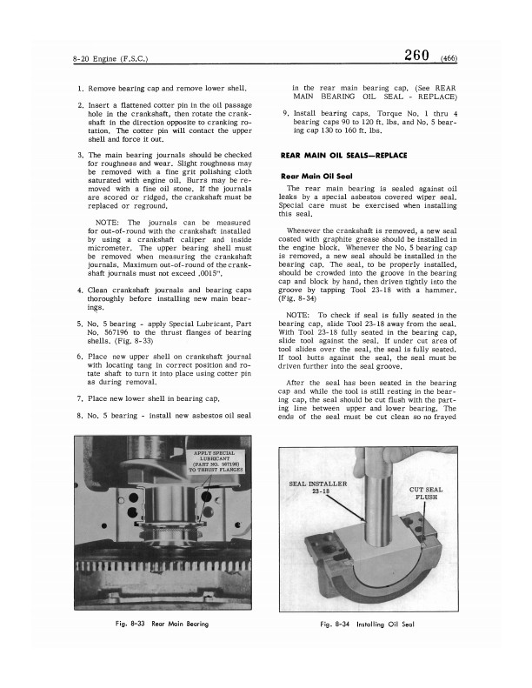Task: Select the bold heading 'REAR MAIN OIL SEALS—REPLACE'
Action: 342,155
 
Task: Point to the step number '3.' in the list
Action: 80,156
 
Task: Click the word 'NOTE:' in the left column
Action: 108,222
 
